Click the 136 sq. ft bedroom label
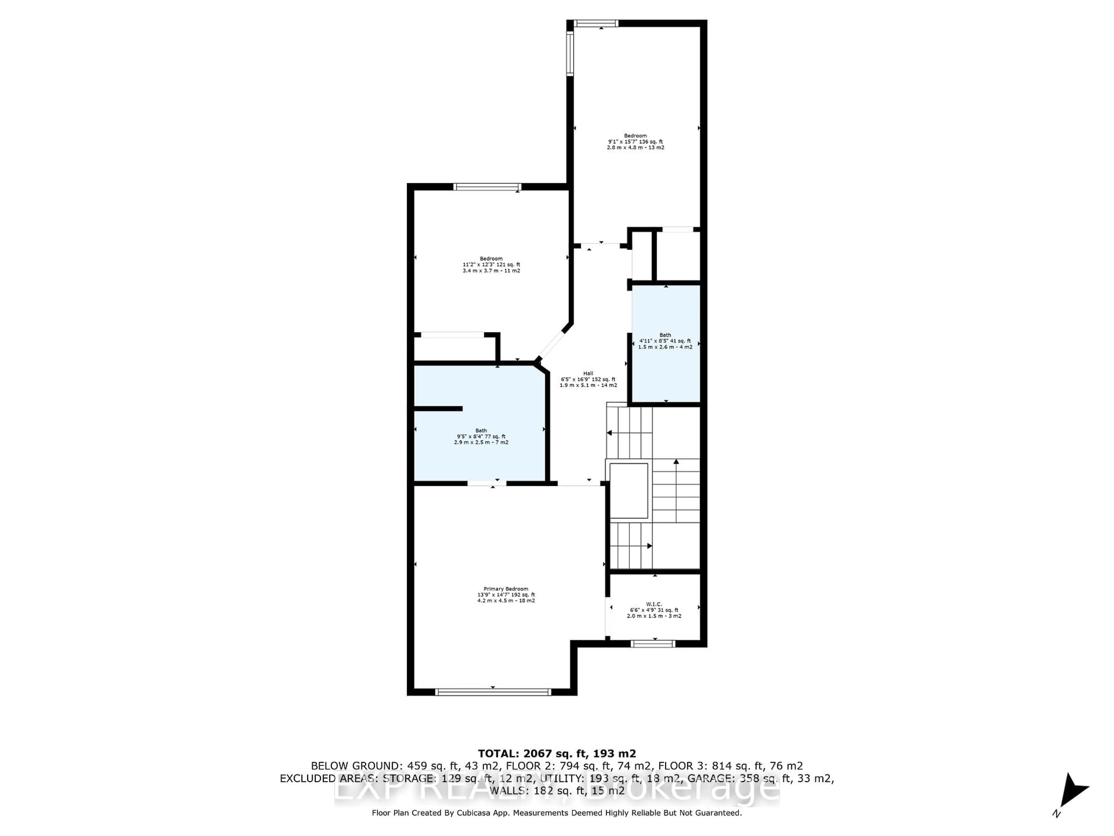(636, 142)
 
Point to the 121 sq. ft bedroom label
(491, 264)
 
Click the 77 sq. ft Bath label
(481, 436)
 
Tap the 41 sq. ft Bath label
(665, 341)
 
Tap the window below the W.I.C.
(653, 644)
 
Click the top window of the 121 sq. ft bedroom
(487, 187)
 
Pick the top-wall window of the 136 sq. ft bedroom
(596, 23)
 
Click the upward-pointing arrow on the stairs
(676, 461)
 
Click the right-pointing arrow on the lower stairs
(650, 546)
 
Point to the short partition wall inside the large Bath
(438, 409)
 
